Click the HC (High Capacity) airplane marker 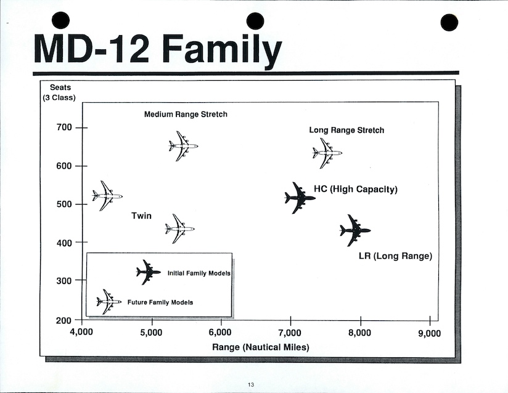click(300, 198)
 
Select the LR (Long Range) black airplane click(355, 230)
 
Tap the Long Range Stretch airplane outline click(327, 153)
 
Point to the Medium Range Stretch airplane click(183, 146)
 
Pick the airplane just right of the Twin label click(180, 229)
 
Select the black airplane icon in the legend click(149, 272)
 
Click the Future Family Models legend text click(160, 302)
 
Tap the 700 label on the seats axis click(64, 128)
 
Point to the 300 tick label click(64, 281)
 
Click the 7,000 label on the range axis click(290, 333)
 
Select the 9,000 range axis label click(430, 333)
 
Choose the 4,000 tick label click(81, 332)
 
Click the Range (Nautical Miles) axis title click(261, 347)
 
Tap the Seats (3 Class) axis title click(59, 92)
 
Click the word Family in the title click(222, 51)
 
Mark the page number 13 click(251, 384)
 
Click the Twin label click(142, 216)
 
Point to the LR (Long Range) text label click(396, 256)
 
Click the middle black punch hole click(255, 22)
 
